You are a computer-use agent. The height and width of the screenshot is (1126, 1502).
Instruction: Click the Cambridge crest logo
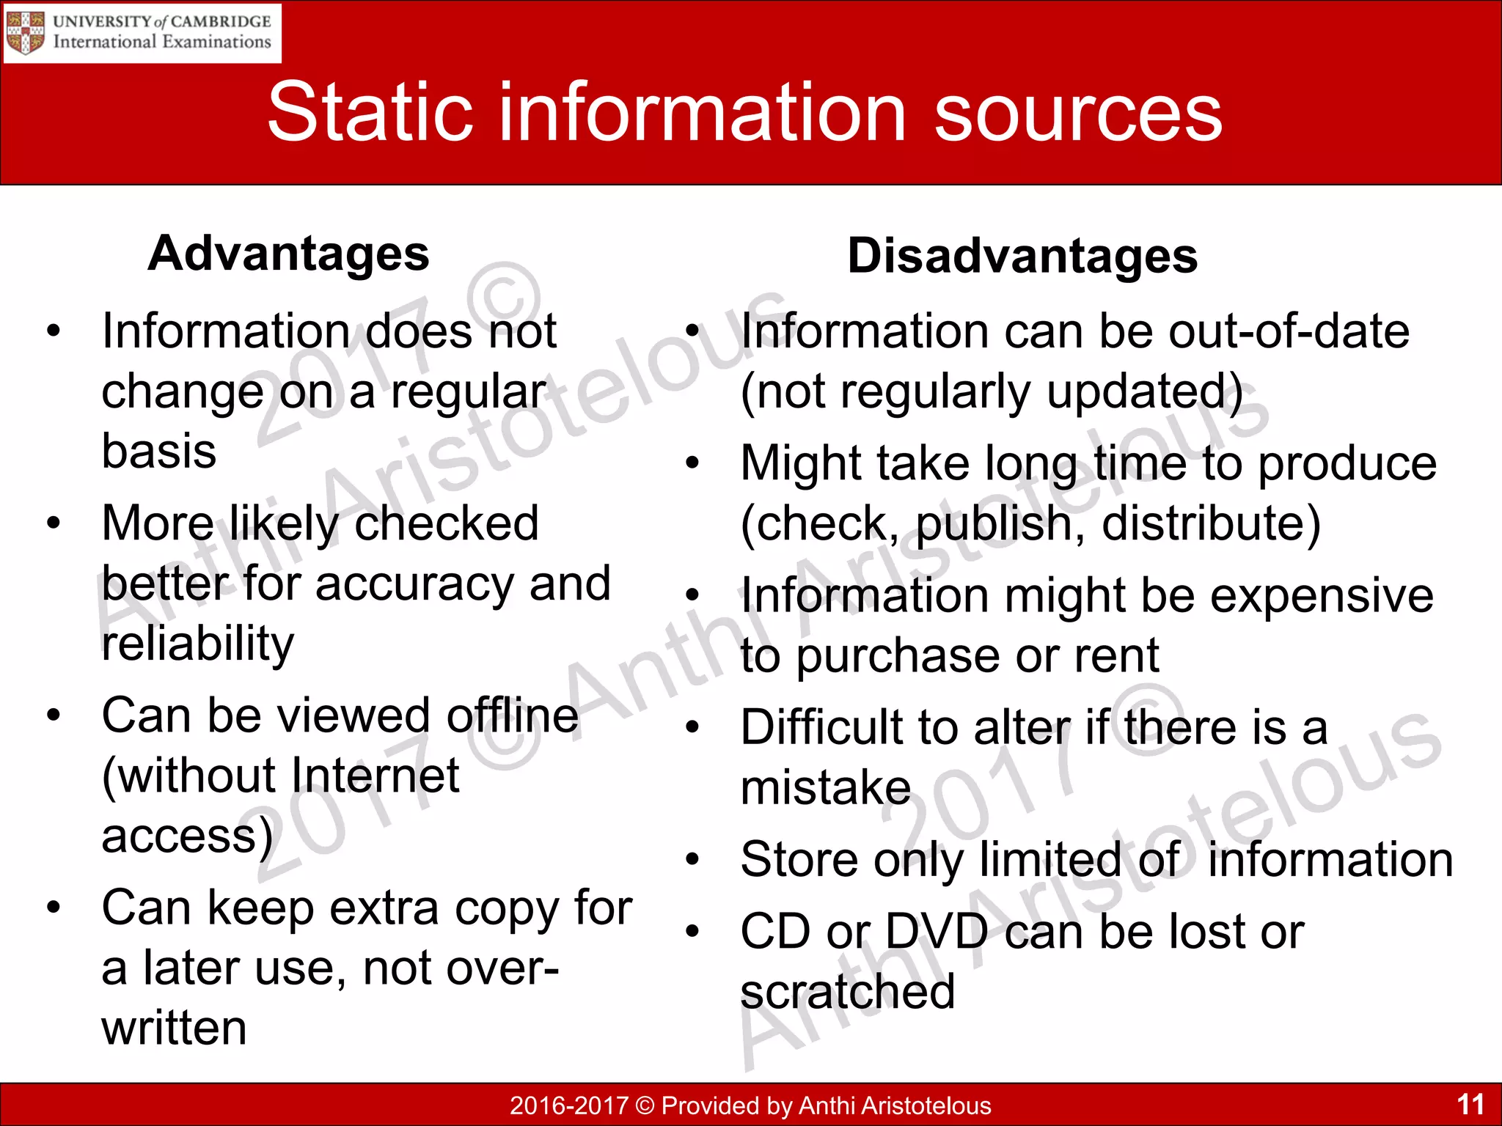(26, 32)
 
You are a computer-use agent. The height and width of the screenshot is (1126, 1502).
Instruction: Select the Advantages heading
(288, 254)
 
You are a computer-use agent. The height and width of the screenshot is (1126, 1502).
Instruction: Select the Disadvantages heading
(1022, 256)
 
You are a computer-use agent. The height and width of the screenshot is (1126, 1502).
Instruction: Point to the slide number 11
(1470, 1104)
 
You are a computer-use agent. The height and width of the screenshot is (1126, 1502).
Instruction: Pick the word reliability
(198, 643)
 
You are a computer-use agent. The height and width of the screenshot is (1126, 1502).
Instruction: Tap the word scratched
(848, 992)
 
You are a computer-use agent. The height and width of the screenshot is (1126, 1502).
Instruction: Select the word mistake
(826, 788)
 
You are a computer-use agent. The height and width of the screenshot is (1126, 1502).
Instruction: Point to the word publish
(1000, 523)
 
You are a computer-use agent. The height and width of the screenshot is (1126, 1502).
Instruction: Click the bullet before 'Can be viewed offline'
(53, 714)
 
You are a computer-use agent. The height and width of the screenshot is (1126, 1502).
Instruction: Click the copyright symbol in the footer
(645, 1105)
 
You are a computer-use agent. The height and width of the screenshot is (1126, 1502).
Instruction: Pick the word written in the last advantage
(175, 1028)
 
